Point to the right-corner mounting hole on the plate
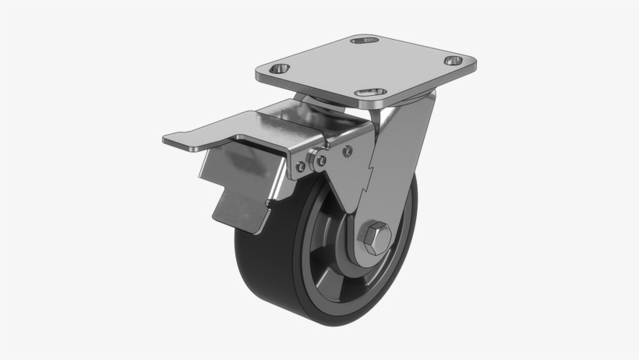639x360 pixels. pyautogui.click(x=453, y=61)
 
